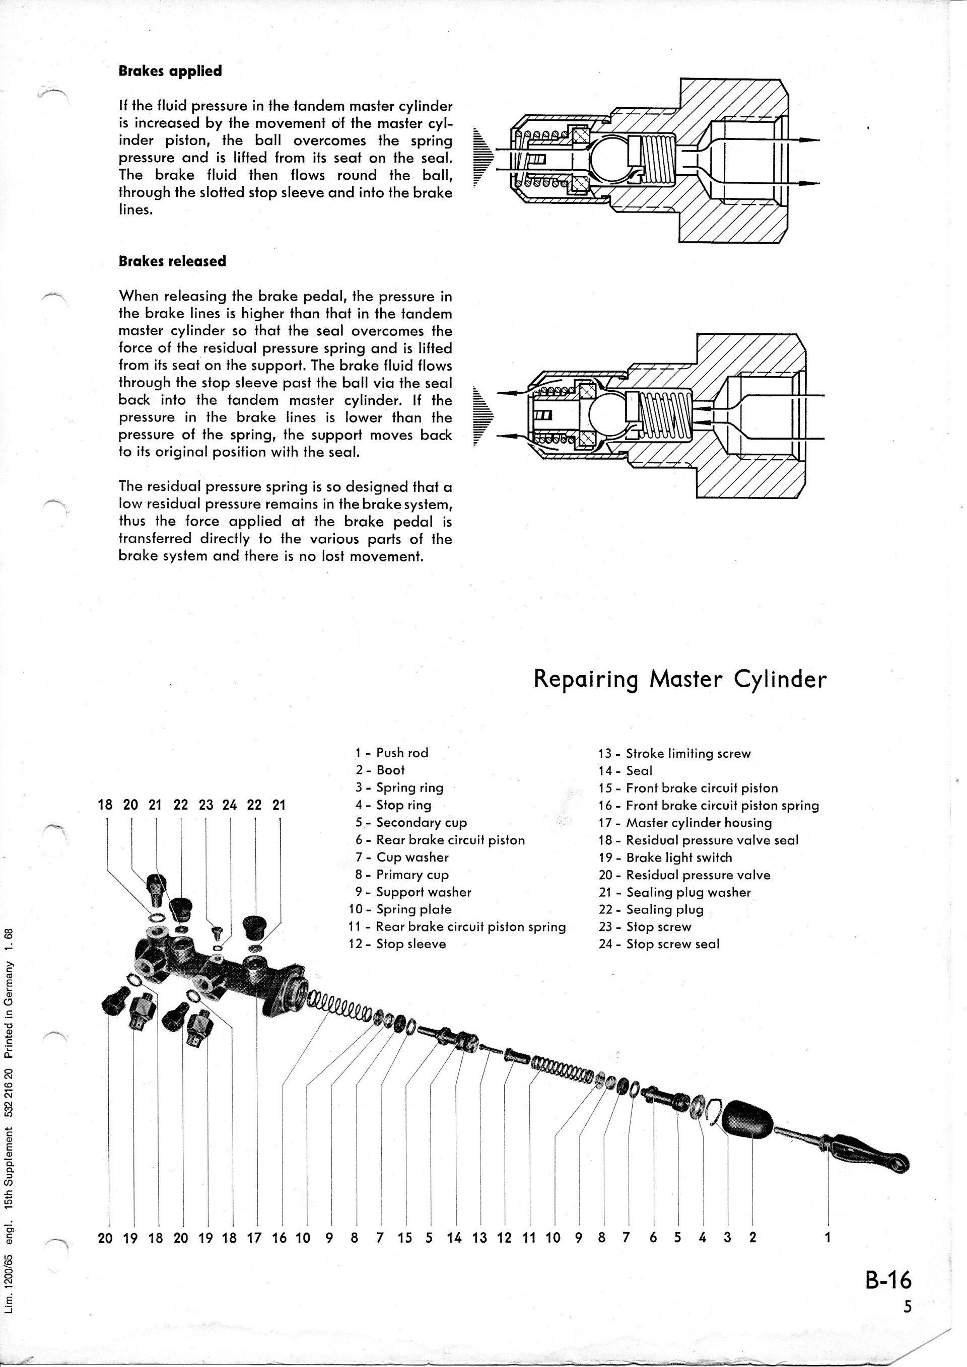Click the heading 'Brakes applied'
point(170,71)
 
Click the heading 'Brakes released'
point(173,261)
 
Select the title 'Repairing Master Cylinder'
point(680,679)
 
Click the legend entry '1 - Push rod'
point(392,753)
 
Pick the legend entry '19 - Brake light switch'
point(665,857)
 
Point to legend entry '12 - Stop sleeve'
point(397,944)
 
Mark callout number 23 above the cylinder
point(205,806)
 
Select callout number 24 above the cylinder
point(230,806)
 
